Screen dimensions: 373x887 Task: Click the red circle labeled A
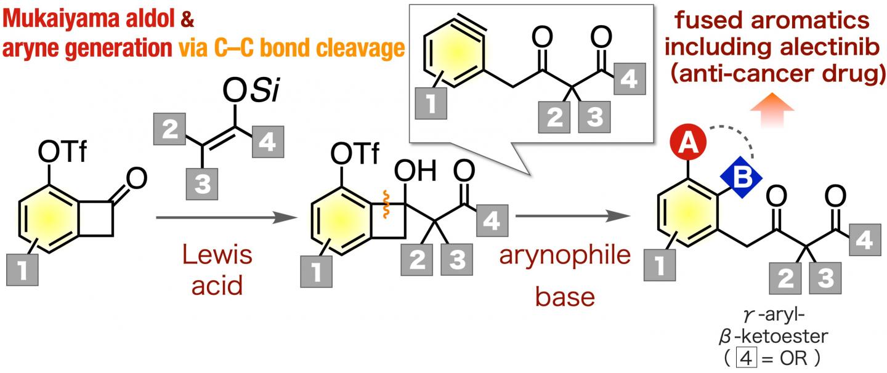(690, 146)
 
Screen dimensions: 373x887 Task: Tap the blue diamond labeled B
(741, 177)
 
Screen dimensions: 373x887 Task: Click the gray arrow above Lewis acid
(222, 217)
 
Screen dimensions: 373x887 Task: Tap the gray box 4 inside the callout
(626, 80)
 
